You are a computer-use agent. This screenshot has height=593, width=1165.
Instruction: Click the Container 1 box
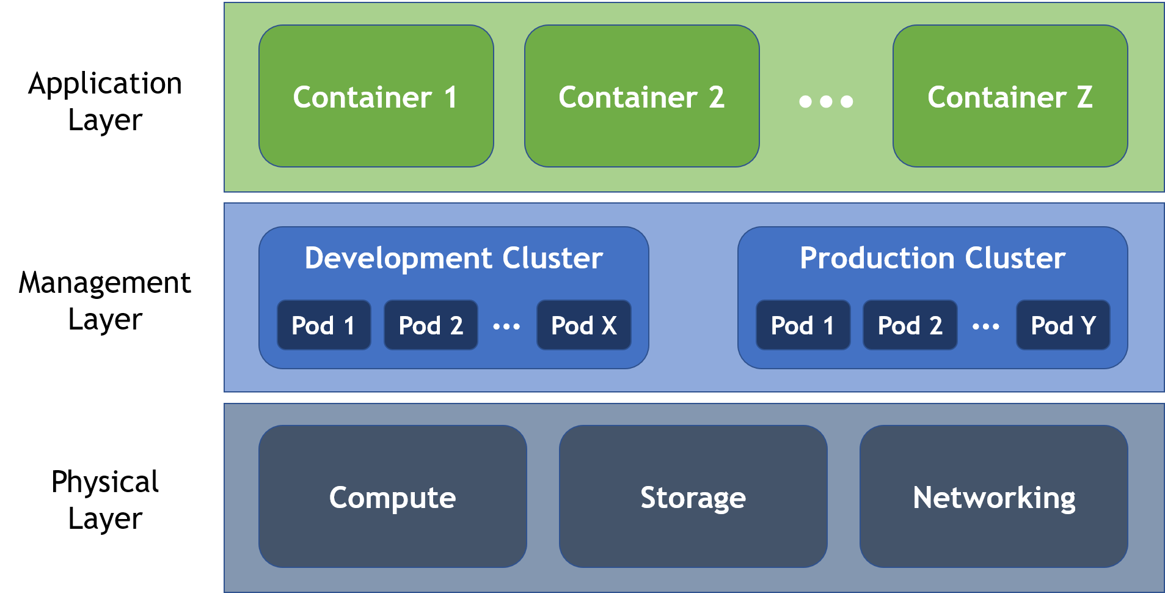pos(376,96)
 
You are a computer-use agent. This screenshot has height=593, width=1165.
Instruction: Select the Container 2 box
pos(641,96)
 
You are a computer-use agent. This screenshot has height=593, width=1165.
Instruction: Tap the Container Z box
pos(1010,96)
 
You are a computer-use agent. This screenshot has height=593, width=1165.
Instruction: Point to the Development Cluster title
pos(453,258)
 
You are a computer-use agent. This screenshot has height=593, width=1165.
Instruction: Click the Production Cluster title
pos(932,258)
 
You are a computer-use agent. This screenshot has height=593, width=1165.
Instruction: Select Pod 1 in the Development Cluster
pos(324,325)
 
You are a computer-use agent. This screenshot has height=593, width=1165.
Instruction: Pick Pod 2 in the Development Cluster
pos(431,325)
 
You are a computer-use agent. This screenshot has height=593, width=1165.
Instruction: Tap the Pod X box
pos(583,325)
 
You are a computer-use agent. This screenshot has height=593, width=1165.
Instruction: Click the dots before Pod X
pos(506,327)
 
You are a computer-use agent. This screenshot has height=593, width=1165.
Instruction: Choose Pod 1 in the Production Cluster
pos(803,325)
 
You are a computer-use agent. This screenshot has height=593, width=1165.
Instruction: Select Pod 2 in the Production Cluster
pos(910,325)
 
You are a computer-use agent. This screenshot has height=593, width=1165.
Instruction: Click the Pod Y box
pos(1063,325)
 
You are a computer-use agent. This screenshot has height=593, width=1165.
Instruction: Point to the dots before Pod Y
pos(986,327)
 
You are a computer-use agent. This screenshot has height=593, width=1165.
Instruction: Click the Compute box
pos(392,496)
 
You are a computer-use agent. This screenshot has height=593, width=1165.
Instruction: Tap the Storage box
pos(693,496)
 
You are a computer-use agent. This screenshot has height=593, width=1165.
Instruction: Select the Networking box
pos(993,496)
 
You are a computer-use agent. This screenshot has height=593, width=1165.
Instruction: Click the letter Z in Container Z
pos(1084,97)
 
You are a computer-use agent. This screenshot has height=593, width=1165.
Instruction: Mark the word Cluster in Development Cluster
pos(552,258)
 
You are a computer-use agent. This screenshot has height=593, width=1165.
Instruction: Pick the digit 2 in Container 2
pos(717,97)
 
